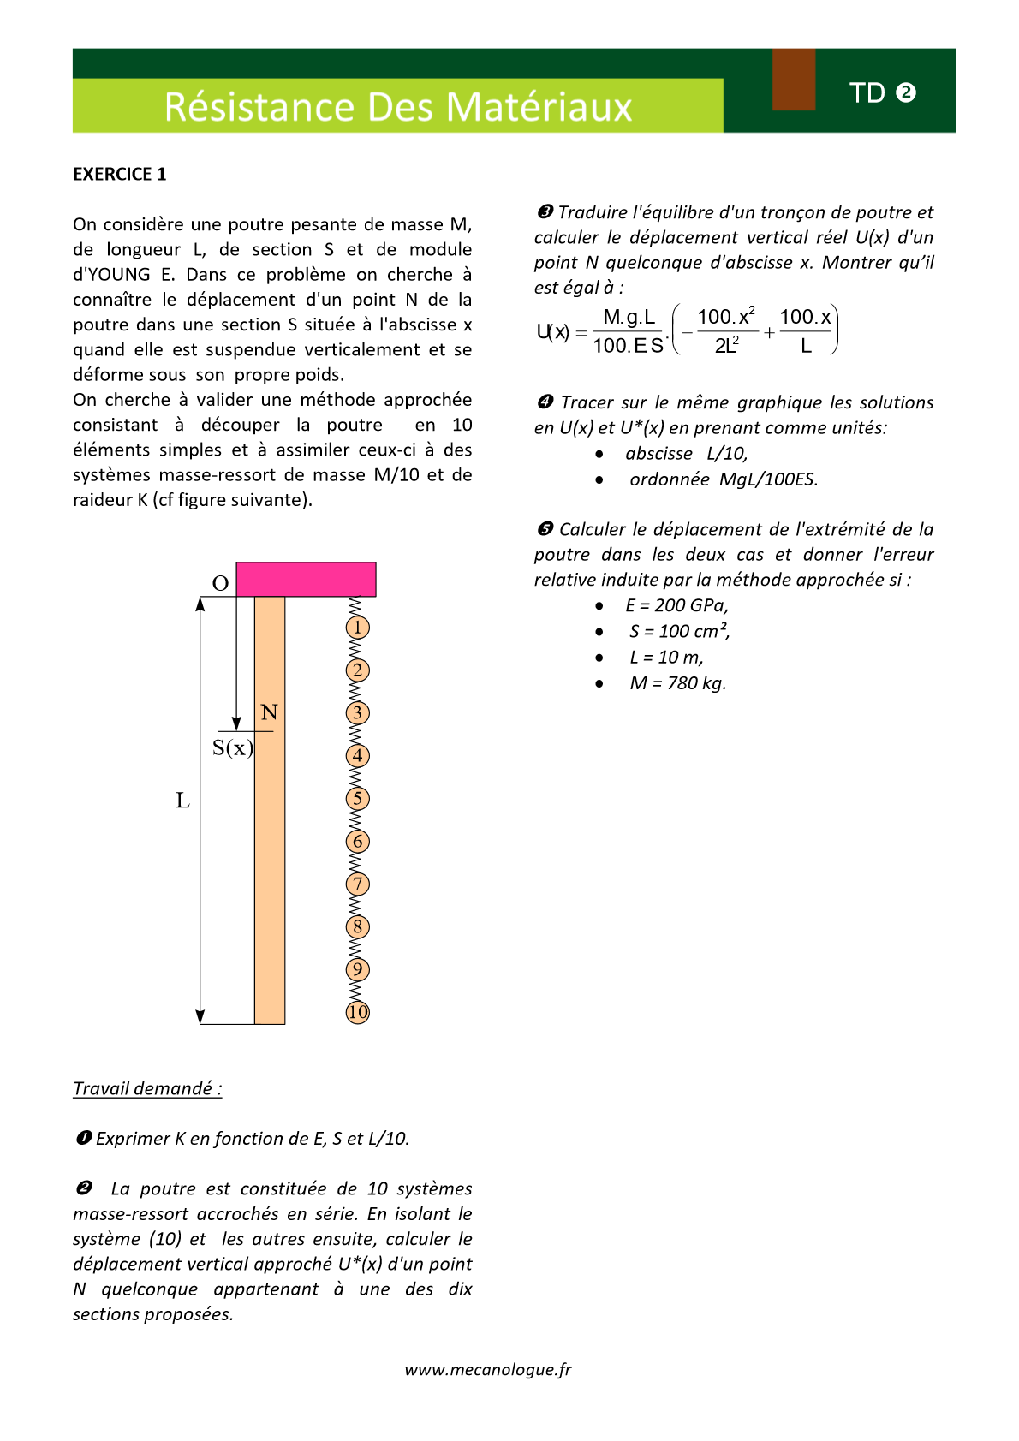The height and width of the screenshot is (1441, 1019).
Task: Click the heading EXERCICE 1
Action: [119, 174]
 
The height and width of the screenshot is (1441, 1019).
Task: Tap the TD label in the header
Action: [867, 92]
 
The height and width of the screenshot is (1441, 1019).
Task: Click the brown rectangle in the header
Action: [794, 80]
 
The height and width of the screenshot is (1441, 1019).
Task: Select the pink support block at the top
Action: [306, 579]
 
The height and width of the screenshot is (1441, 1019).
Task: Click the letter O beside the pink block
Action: [220, 584]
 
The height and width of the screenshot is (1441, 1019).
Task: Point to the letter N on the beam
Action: [269, 712]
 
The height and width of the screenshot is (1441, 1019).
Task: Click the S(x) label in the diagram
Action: [232, 748]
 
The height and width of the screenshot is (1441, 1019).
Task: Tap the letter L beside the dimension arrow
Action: [182, 801]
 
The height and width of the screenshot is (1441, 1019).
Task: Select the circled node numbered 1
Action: [358, 628]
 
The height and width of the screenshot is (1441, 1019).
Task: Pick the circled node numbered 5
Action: [358, 799]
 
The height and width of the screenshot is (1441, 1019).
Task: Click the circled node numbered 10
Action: [358, 1012]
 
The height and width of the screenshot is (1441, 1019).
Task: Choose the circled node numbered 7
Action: [358, 884]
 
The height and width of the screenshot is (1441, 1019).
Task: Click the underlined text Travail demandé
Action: [147, 1088]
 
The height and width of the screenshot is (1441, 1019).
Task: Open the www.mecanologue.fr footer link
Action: [488, 1369]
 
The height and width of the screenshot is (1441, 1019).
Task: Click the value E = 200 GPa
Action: [676, 605]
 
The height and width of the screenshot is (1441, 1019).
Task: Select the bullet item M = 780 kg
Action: [677, 683]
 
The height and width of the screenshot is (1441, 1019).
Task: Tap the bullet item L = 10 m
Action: [666, 658]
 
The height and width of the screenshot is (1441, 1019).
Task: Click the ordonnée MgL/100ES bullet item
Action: [724, 479]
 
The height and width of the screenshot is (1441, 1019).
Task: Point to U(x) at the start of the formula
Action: [553, 332]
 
